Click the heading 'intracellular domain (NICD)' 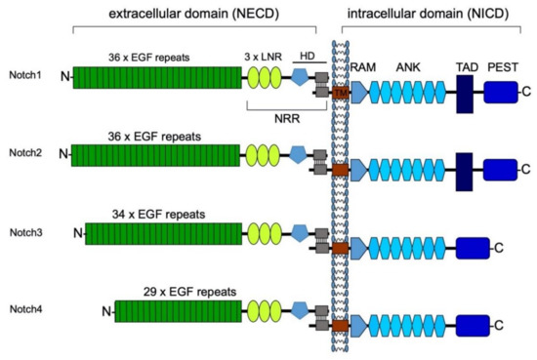pyautogui.click(x=441, y=13)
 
